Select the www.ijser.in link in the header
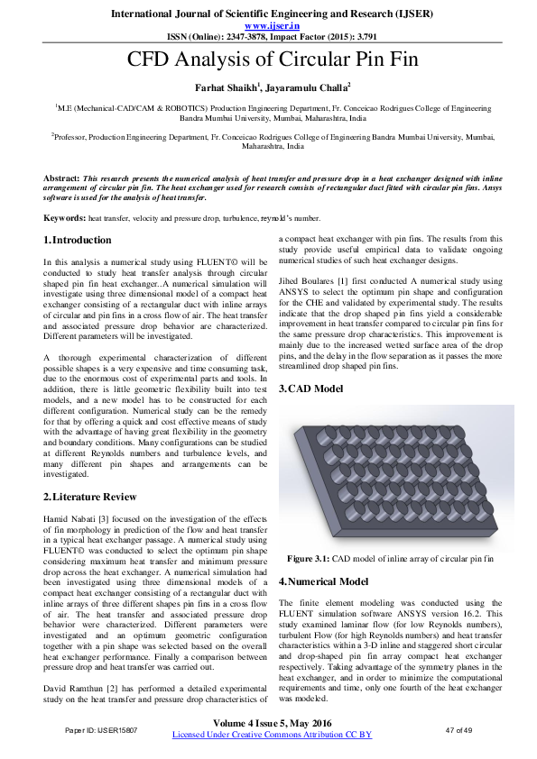tap(268, 26)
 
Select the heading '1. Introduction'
tap(79, 241)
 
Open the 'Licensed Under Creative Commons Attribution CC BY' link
tap(271, 735)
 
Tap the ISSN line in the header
tap(268, 38)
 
